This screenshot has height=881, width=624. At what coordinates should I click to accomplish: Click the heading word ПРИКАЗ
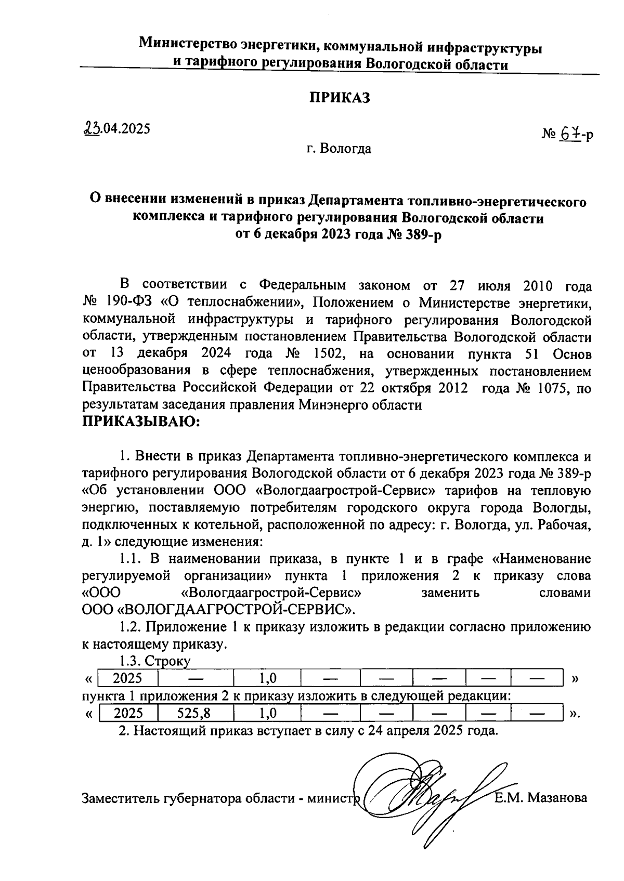point(340,98)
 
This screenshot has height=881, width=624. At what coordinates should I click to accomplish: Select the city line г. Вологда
point(339,149)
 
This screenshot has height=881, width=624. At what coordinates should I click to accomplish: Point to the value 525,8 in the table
point(194,713)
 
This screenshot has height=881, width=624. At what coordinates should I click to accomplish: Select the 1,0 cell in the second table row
point(267,713)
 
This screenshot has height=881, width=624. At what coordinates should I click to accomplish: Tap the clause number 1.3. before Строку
point(130,661)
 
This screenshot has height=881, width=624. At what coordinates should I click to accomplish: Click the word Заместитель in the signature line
point(120,798)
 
